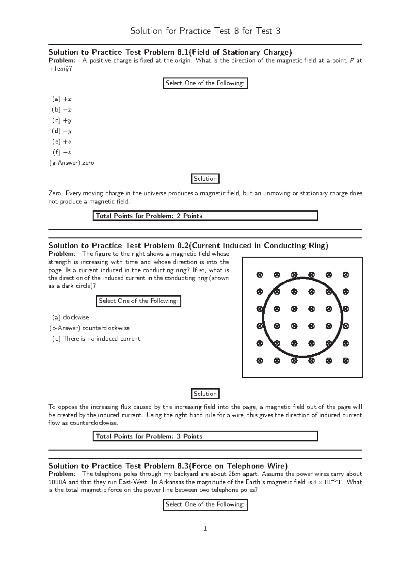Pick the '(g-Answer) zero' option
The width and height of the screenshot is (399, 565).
point(71,163)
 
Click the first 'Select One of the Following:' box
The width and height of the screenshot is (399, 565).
point(205,83)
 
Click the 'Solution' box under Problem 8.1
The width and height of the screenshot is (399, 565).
point(205,179)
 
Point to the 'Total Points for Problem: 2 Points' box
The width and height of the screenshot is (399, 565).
point(205,216)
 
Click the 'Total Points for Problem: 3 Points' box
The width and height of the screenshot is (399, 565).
point(205,436)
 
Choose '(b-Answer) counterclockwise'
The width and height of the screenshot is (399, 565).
point(89,328)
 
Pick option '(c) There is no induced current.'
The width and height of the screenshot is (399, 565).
point(97,339)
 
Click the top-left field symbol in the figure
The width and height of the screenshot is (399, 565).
point(260,275)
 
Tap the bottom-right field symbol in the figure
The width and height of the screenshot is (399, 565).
point(346,360)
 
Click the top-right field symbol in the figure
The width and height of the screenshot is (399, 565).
point(346,275)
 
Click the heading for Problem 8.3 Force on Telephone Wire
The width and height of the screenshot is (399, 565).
point(168,466)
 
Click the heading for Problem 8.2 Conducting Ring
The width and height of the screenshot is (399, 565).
point(188,246)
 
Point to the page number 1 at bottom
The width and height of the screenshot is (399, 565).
point(205,529)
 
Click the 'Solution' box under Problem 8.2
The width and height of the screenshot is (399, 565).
point(205,394)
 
